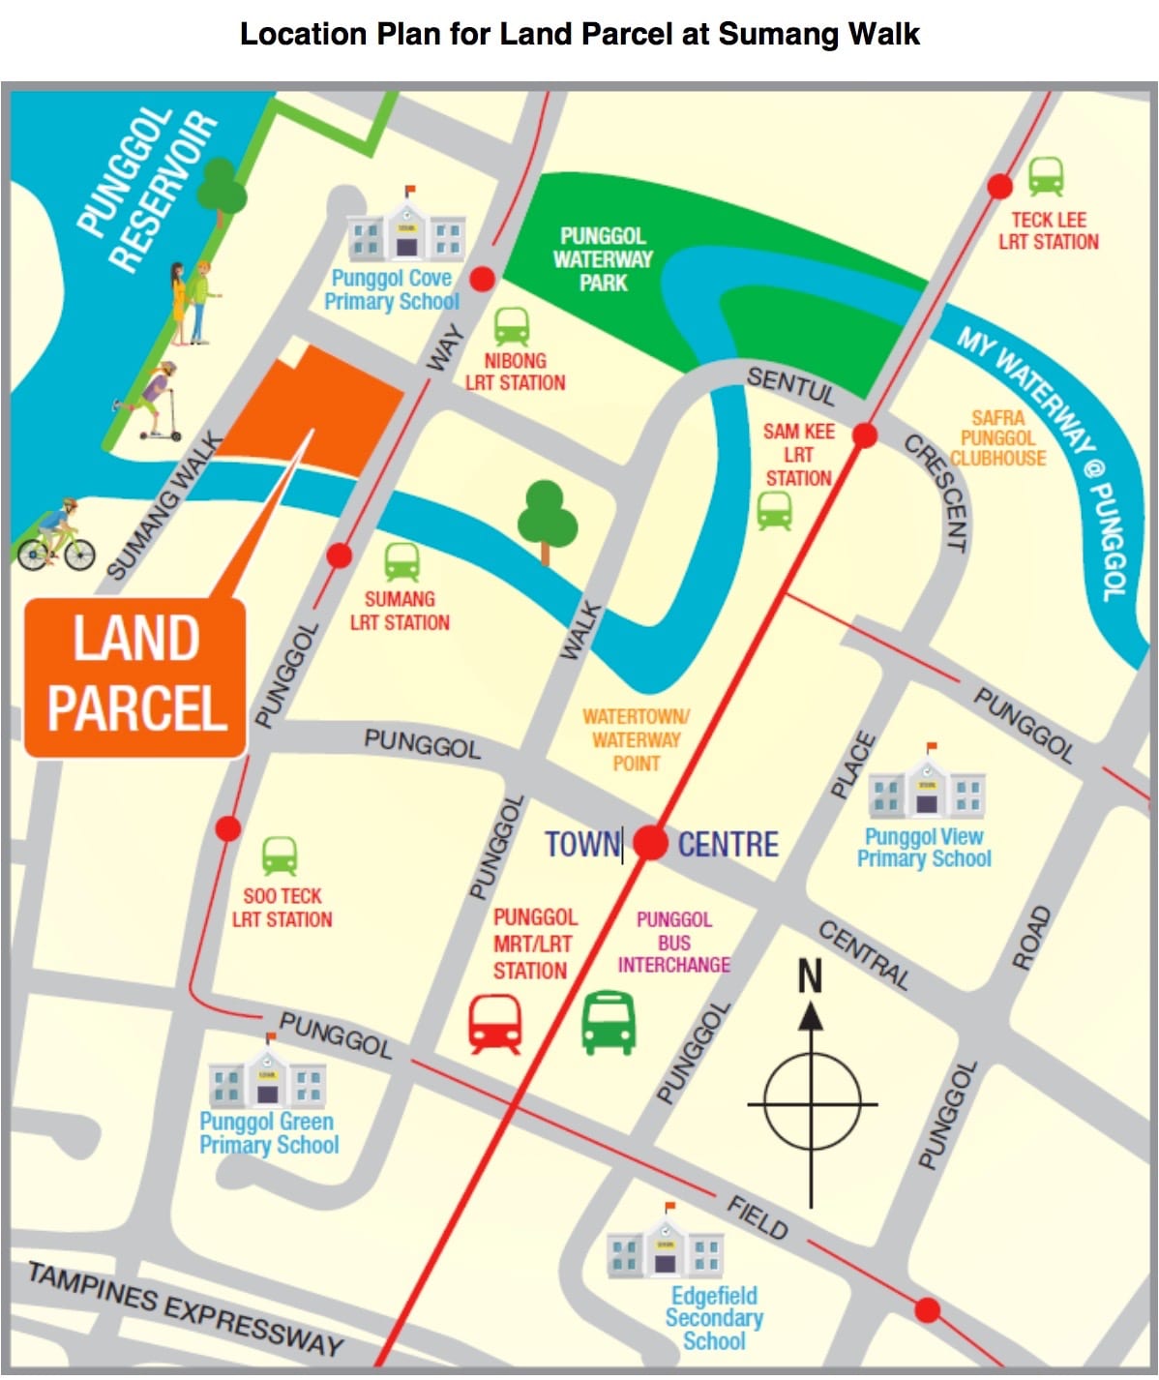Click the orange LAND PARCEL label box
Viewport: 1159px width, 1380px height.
(x=134, y=676)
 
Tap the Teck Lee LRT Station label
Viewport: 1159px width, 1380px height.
(x=1048, y=231)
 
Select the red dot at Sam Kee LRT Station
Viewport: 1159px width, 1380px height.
(x=864, y=436)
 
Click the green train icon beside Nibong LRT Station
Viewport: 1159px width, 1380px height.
(x=512, y=327)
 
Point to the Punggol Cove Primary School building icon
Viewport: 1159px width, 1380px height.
(x=406, y=228)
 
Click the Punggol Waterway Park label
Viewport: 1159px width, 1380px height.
(x=603, y=259)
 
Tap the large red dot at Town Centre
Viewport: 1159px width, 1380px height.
(x=651, y=842)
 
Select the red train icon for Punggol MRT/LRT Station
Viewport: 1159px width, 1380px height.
(x=495, y=1023)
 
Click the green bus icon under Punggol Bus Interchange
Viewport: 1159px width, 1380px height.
(x=609, y=1021)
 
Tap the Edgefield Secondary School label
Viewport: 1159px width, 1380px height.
(x=714, y=1318)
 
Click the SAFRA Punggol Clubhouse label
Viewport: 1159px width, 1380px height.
(x=997, y=438)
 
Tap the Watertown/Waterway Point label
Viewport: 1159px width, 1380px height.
(x=636, y=739)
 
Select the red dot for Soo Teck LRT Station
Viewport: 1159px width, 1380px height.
(x=228, y=828)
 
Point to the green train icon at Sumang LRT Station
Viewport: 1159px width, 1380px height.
(x=401, y=562)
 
